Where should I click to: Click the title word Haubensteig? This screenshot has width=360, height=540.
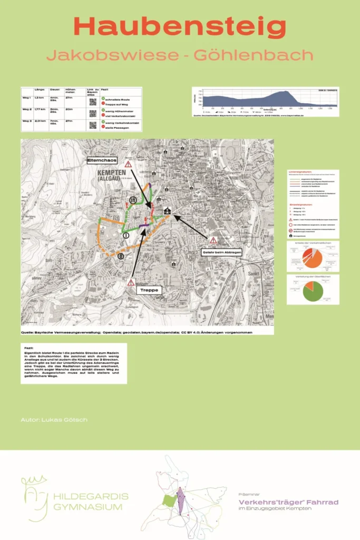[x=180, y=27]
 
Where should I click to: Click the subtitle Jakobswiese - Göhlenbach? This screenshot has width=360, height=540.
[x=180, y=54]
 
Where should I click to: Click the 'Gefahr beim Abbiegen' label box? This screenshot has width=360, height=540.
[x=221, y=253]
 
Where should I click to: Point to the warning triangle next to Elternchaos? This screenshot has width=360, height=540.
[x=128, y=165]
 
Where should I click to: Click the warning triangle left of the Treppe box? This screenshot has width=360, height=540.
[x=131, y=283]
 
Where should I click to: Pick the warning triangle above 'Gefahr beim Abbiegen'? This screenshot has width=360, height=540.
[x=213, y=240]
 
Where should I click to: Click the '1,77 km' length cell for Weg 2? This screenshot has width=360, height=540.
[x=40, y=109]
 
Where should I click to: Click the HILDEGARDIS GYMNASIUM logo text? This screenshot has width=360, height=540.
[x=91, y=502]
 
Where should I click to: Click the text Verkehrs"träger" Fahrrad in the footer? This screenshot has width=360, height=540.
[x=288, y=502]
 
